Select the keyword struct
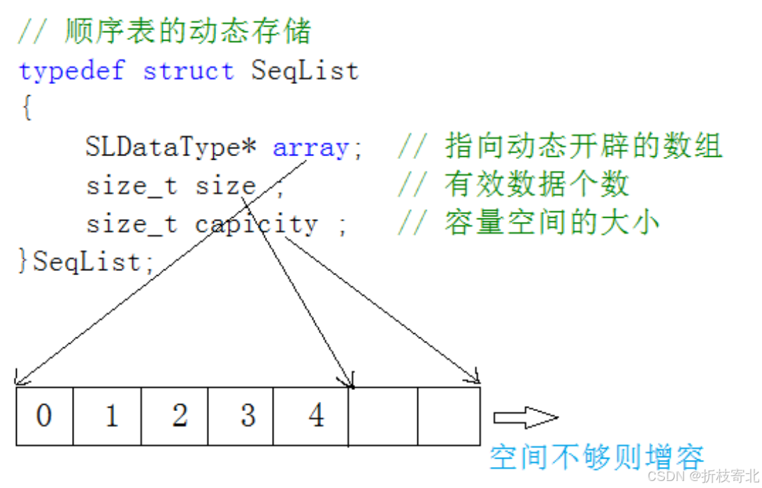pyautogui.click(x=188, y=71)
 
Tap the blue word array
pyautogui.click(x=310, y=148)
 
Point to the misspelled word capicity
pyautogui.click(x=256, y=224)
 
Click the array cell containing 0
pyautogui.click(x=44, y=416)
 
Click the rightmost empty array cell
pyautogui.click(x=449, y=416)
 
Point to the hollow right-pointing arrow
pyautogui.click(x=525, y=418)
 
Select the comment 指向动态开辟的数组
pyautogui.click(x=583, y=147)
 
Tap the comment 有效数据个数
pyautogui.click(x=536, y=185)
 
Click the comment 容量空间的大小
pyautogui.click(x=552, y=223)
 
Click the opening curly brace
pyautogui.click(x=26, y=109)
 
